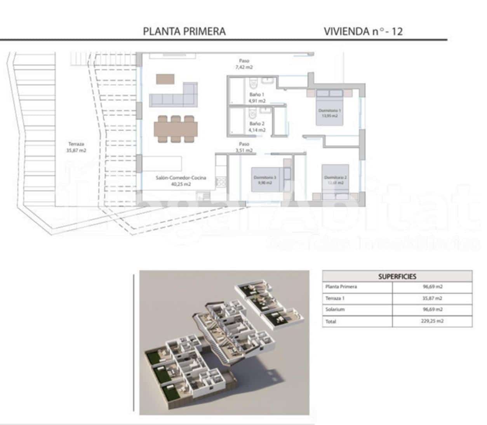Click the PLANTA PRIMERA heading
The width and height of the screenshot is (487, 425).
pyautogui.click(x=184, y=31)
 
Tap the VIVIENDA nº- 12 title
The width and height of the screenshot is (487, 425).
pyautogui.click(x=363, y=31)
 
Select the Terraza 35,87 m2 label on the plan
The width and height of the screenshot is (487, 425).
pyautogui.click(x=76, y=147)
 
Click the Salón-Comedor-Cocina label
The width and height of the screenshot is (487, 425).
pyautogui.click(x=181, y=181)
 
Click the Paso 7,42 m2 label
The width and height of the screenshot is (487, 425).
pyautogui.click(x=244, y=64)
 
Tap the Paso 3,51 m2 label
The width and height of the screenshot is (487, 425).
pyautogui.click(x=244, y=147)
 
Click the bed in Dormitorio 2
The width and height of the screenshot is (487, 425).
pyautogui.click(x=335, y=178)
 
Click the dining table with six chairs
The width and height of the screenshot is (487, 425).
pyautogui.click(x=176, y=128)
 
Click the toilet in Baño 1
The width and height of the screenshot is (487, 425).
pyautogui.click(x=253, y=82)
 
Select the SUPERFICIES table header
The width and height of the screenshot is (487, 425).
pyautogui.click(x=397, y=277)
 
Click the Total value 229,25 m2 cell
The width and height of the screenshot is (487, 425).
pyautogui.click(x=432, y=321)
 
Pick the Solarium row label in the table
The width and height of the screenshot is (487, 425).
pyautogui.click(x=335, y=310)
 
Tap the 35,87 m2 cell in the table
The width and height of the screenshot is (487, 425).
pyautogui.click(x=432, y=298)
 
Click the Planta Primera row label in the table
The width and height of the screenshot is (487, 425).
pyautogui.click(x=341, y=287)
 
